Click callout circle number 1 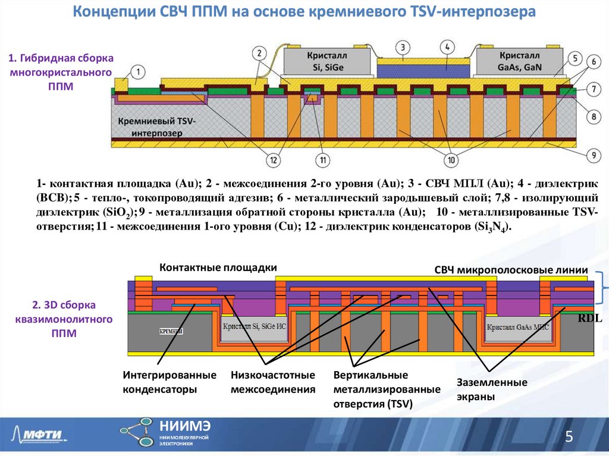(137, 73)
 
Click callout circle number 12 (273, 159)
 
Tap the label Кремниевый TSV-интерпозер (156, 127)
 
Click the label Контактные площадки (218, 268)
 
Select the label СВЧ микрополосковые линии (511, 271)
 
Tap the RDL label (590, 319)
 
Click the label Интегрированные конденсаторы (169, 383)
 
